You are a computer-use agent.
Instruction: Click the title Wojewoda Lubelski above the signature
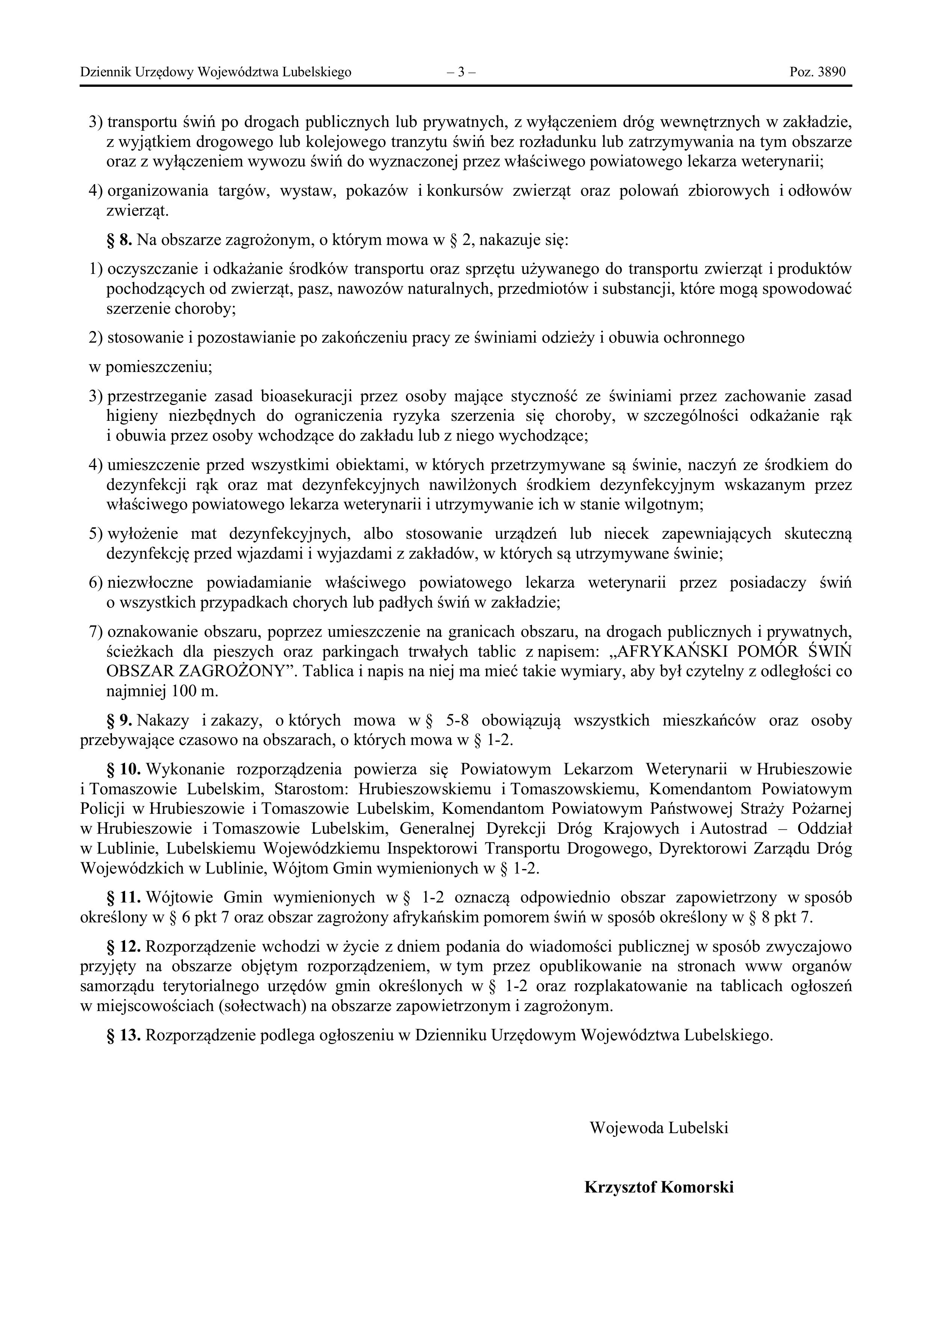point(659,1128)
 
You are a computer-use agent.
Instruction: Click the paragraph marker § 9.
point(119,720)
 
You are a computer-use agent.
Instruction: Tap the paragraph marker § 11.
point(123,897)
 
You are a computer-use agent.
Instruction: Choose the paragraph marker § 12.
point(123,946)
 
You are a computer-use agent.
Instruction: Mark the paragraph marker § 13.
point(123,1035)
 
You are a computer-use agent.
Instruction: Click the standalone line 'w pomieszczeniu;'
point(150,367)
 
